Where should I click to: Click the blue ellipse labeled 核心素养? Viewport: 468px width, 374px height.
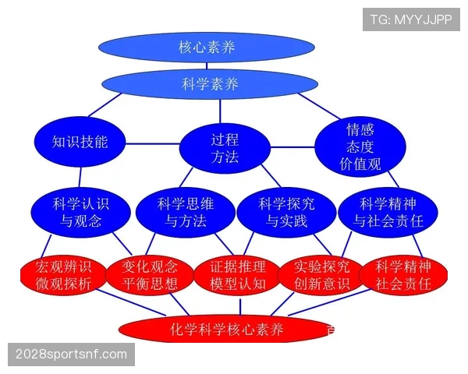coord(207,47)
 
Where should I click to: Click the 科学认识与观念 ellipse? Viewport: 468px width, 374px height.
coord(80,212)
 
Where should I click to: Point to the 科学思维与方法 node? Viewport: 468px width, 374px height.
coord(186,212)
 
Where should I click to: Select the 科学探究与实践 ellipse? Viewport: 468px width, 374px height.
coord(286,212)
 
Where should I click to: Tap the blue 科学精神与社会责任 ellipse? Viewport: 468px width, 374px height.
coord(388,212)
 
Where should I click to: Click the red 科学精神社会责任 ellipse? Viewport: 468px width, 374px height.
coord(403,276)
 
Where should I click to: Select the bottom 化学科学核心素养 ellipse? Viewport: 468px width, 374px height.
coord(226,330)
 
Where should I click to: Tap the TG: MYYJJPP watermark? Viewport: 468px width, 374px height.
coord(411,19)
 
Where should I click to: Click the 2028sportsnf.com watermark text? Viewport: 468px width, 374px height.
coord(71,355)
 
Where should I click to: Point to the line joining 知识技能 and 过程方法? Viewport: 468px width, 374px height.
coord(153,143)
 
